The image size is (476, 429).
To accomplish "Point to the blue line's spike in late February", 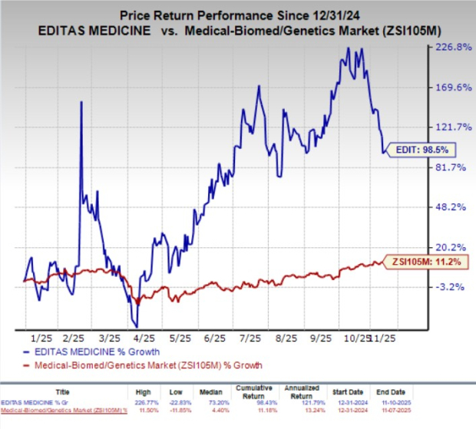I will click(x=81, y=103).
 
